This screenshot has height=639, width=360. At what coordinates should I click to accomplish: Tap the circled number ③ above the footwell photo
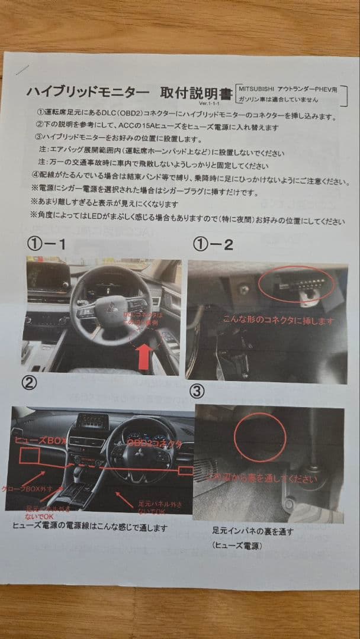[198, 390]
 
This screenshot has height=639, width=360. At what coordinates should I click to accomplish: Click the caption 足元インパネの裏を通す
[253, 531]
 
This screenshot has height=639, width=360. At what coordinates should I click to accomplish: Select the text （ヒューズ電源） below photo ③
[238, 546]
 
